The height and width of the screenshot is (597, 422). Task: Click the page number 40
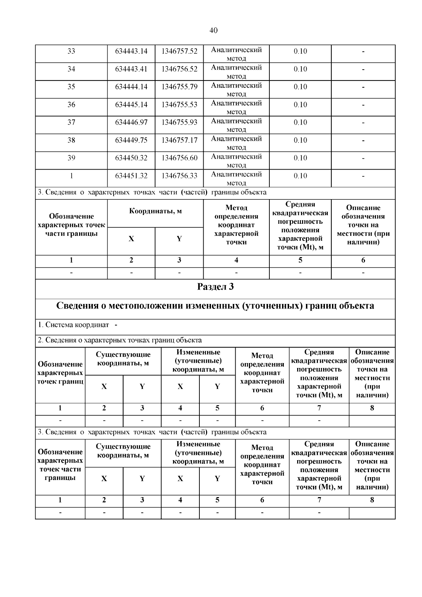click(x=213, y=30)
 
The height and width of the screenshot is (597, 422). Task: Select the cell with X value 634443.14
click(x=131, y=51)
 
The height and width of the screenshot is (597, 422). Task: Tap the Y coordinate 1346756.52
click(x=179, y=69)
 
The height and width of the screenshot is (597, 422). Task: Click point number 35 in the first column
click(x=71, y=87)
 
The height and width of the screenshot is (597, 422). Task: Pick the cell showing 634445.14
click(x=131, y=105)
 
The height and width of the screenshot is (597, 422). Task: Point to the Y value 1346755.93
click(x=179, y=122)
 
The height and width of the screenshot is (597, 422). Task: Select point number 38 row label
click(x=71, y=140)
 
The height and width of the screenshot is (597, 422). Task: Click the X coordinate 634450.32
click(x=131, y=158)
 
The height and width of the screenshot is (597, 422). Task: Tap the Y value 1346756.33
click(x=179, y=176)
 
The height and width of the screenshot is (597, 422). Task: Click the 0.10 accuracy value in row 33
click(x=300, y=51)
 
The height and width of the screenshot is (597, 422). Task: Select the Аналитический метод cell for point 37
click(x=236, y=125)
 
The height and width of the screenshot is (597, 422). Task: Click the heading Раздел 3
click(x=215, y=287)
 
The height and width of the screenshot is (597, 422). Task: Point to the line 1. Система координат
click(x=74, y=325)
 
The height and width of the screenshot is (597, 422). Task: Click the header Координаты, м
click(x=155, y=211)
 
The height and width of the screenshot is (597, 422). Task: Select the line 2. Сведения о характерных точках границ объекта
click(x=120, y=340)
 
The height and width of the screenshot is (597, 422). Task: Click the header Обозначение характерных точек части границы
click(x=71, y=225)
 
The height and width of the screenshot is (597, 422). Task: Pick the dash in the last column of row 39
click(x=363, y=158)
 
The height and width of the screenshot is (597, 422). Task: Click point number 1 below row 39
click(x=71, y=176)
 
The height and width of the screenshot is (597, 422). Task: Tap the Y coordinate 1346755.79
click(x=179, y=87)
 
